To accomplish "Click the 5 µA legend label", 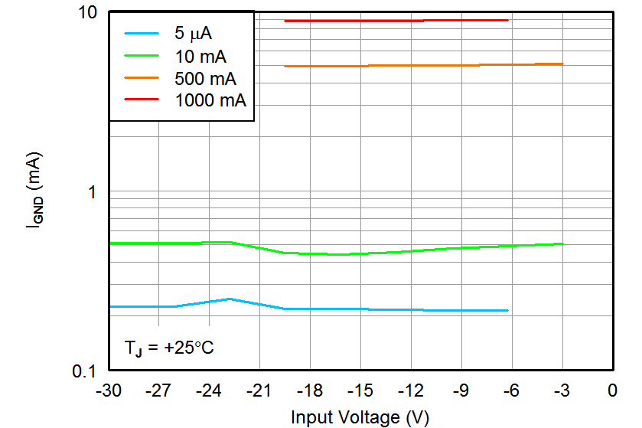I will click(x=195, y=34).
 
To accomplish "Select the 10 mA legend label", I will click(x=200, y=56).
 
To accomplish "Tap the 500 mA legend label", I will click(x=205, y=78).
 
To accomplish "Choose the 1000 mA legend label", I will click(x=210, y=100).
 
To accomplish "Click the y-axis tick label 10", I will click(x=91, y=13).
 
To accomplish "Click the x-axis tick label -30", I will click(x=108, y=392).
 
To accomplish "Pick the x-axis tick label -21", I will click(x=259, y=392).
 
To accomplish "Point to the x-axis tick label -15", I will click(x=360, y=392).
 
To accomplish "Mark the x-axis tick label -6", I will click(x=510, y=392).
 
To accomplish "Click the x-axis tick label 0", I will click(x=612, y=392).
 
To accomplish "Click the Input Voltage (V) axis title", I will click(x=360, y=417).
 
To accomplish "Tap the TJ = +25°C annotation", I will click(x=169, y=348).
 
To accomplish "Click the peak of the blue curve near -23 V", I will click(x=230, y=299).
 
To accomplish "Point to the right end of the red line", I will click(x=508, y=20).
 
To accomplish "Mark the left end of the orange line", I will click(x=285, y=67).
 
